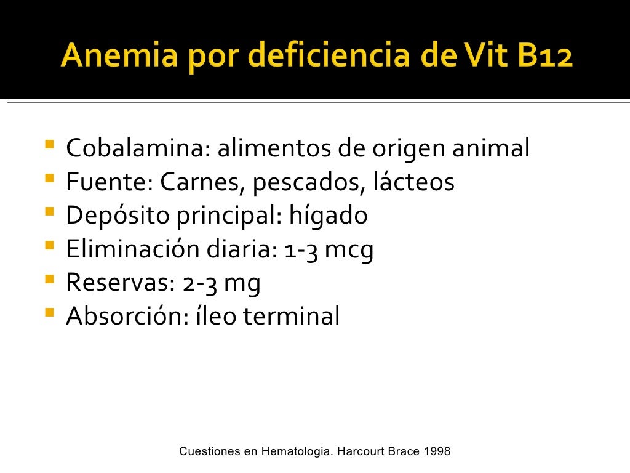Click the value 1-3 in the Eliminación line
click(303, 249)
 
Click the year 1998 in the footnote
click(437, 451)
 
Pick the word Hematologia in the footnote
click(297, 451)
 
